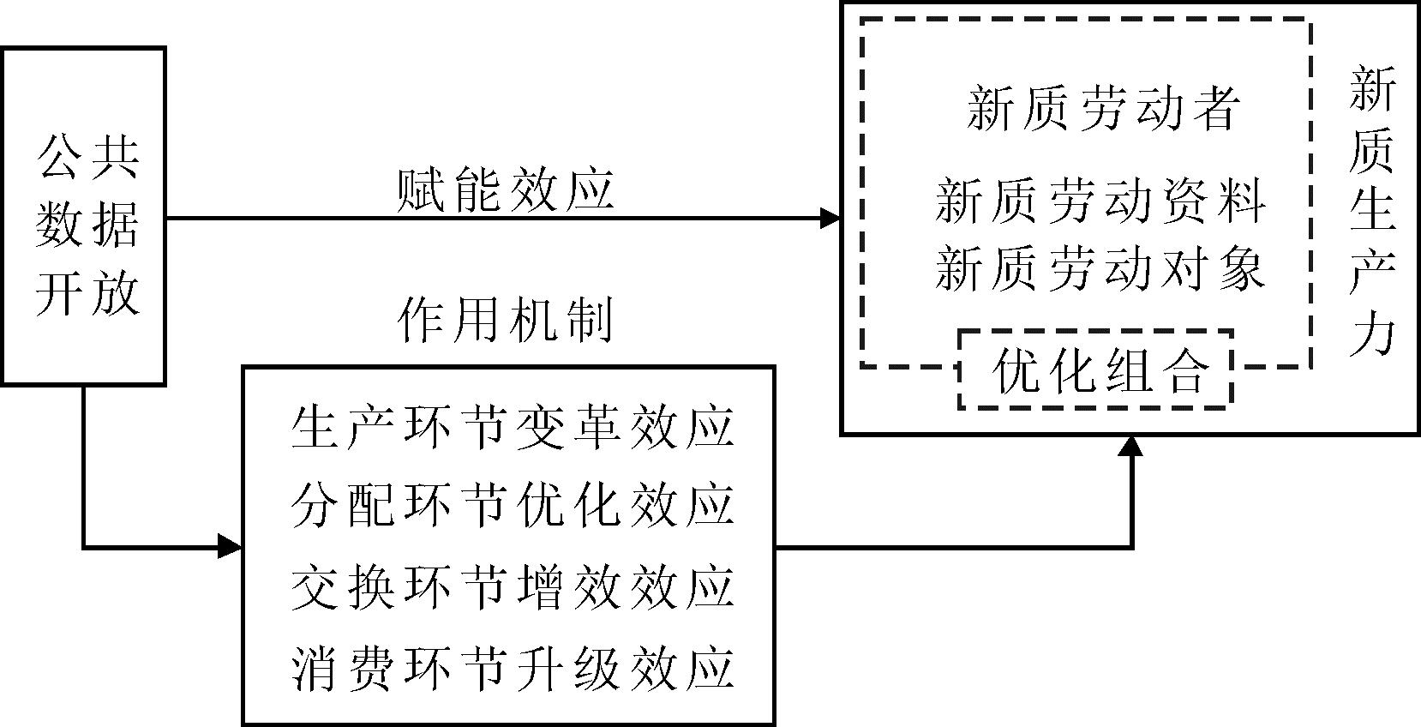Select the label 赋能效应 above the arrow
click(506, 190)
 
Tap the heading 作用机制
click(506, 322)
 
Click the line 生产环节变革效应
click(512, 426)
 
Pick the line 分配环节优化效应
click(512, 505)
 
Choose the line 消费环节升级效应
click(512, 668)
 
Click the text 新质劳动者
click(1103, 109)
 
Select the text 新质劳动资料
click(1100, 201)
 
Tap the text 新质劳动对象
click(1100, 267)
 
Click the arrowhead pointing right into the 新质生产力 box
click(830, 219)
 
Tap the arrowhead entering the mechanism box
click(230, 546)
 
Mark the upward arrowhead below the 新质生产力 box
click(1132, 446)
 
